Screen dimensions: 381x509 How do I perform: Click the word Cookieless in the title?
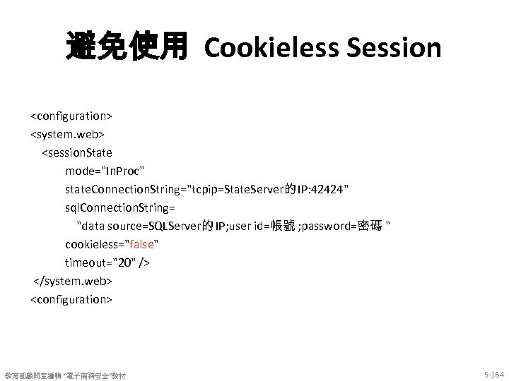262,48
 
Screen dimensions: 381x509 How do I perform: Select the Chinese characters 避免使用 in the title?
127,48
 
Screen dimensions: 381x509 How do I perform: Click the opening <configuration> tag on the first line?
71,114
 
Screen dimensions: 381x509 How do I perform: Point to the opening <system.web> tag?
66,133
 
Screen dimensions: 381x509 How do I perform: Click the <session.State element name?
77,152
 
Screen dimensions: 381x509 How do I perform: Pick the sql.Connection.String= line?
120,207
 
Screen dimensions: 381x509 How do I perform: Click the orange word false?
139,244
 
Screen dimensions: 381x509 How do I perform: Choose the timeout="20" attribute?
107,262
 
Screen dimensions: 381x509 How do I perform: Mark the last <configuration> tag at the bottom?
71,299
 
